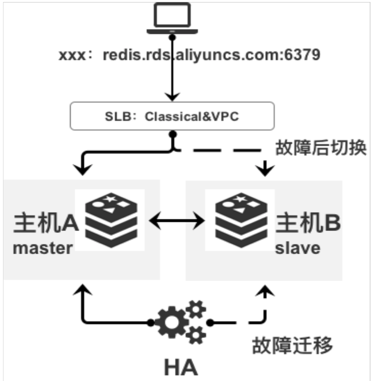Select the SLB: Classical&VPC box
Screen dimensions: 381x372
(172, 117)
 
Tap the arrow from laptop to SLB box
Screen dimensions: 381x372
(172, 80)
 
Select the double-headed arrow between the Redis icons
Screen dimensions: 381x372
(174, 220)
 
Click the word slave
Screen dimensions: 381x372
(298, 248)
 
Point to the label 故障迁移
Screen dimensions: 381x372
(293, 345)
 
